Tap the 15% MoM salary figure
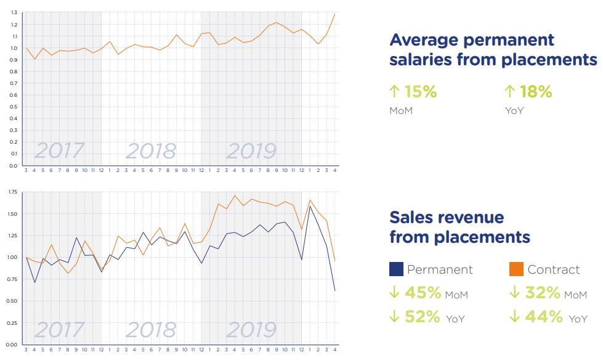pos(420,92)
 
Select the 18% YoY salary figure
pos(535,92)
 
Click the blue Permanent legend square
pos(396,269)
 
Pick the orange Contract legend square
pos(517,269)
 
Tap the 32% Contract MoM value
pos(543,292)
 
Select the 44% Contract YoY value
pos(544,317)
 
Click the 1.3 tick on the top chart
pos(13,13)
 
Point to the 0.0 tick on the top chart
pos(13,166)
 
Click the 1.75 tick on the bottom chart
pos(12,192)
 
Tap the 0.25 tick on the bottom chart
pos(12,322)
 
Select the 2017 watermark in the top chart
pos(59,150)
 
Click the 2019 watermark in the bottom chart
pos(251,330)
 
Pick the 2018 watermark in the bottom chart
pos(151,330)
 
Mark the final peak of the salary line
pos(334,14)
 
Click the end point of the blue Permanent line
pos(334,290)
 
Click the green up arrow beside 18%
pos(509,92)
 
